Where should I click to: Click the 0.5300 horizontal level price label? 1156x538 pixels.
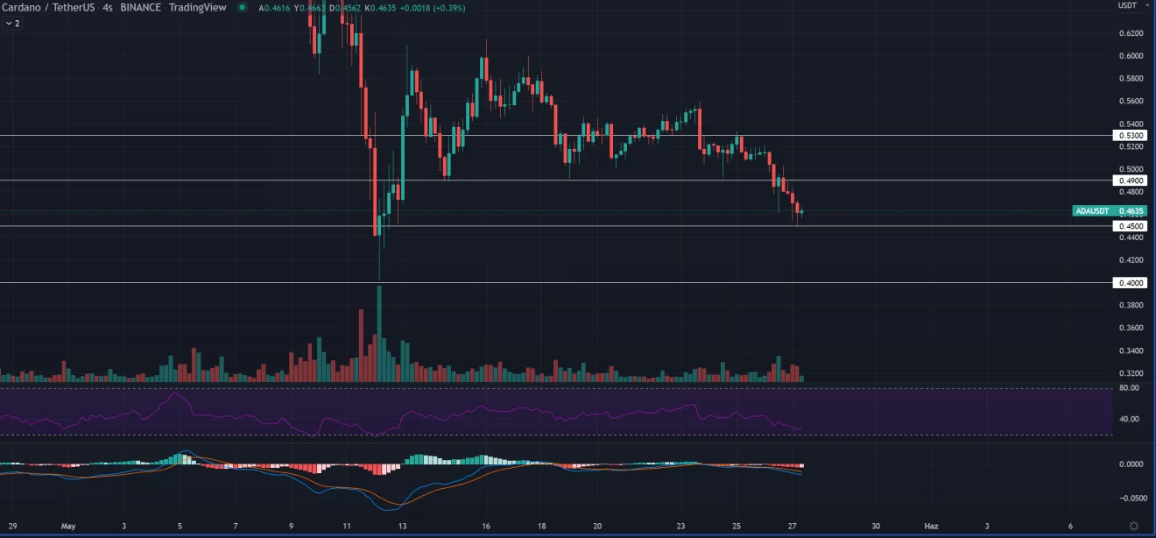click(1128, 136)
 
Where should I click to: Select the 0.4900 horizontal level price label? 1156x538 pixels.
click(1128, 181)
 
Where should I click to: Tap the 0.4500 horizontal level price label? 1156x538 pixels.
click(1128, 226)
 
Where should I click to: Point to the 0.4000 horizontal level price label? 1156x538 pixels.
click(1128, 283)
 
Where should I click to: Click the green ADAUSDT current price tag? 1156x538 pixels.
click(1110, 211)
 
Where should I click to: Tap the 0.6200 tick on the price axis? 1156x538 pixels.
click(1131, 33)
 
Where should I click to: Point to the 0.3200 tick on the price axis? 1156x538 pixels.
click(1131, 373)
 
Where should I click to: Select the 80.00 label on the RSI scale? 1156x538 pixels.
click(1129, 388)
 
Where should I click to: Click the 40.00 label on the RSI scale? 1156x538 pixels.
click(1129, 419)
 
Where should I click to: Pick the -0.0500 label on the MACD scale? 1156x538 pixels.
click(1129, 497)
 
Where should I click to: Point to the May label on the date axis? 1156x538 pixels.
click(69, 527)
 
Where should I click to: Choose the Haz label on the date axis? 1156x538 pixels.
click(931, 527)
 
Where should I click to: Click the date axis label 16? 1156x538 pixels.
click(486, 527)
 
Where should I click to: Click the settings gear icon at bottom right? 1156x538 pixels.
click(1133, 526)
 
